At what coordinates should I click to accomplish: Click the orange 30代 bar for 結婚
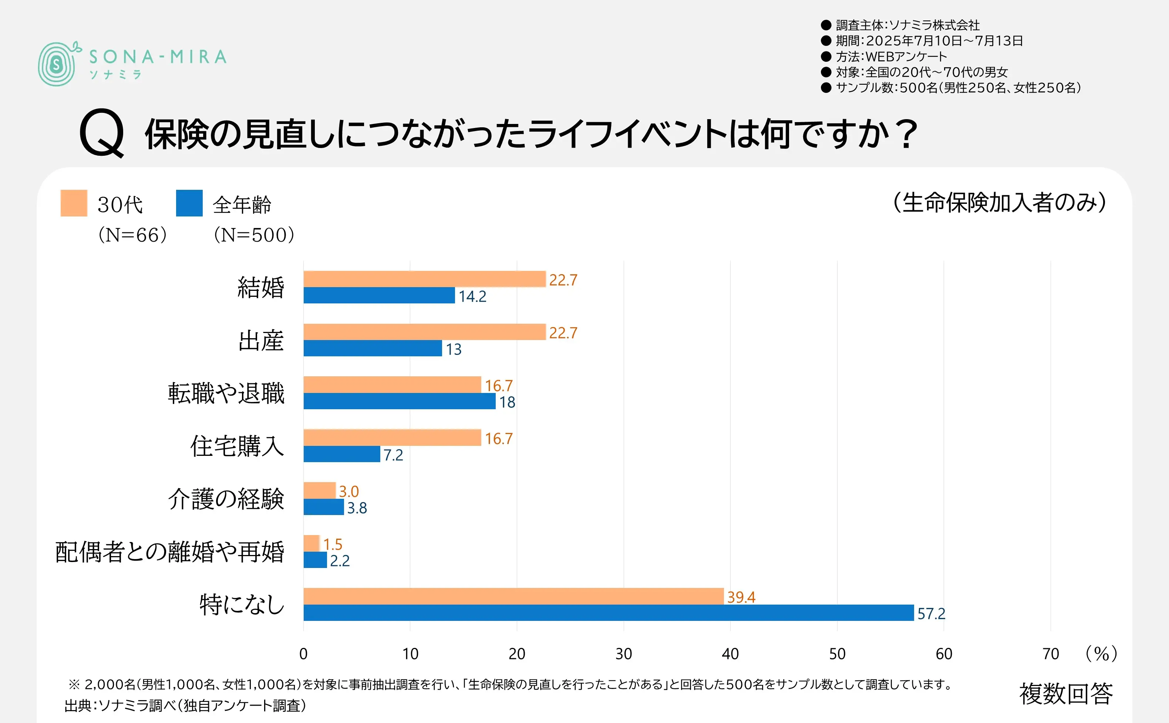coord(424,279)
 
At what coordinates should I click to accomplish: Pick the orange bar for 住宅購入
coord(392,437)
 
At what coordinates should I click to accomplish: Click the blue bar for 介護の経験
coord(324,507)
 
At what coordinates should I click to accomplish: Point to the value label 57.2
coord(931,613)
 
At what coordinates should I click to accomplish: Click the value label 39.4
coord(741,597)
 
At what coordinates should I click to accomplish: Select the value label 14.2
coord(472,296)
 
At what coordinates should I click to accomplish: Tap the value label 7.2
coord(393,455)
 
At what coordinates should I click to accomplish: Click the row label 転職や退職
coord(226,393)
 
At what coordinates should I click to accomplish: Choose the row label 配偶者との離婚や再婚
coord(170,552)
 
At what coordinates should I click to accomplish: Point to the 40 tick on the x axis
coord(730,654)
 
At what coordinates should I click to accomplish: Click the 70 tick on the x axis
coord(1050,654)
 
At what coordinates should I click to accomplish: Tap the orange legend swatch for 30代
coord(74,203)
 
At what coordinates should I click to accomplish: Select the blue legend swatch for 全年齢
coord(189,203)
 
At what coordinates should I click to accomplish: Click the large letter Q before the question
coord(102,133)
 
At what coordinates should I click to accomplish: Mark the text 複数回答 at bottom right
coord(1066,693)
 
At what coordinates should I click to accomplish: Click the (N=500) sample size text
coord(254,235)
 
